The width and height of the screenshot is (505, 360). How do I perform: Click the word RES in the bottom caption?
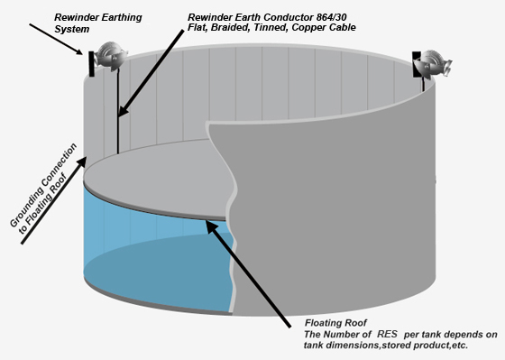[x=376, y=335]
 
